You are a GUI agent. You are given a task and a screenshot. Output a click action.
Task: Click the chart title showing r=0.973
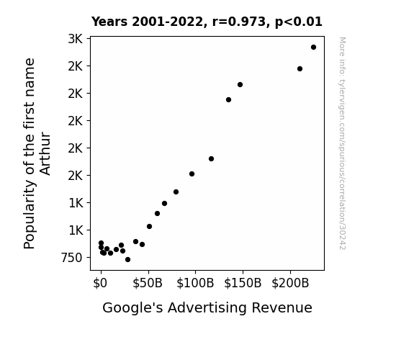point(207,22)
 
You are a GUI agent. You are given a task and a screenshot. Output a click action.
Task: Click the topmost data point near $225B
point(313,48)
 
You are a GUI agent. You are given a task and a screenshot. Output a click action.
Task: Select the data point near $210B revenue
point(300,69)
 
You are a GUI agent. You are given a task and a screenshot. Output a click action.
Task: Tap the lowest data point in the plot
point(127,260)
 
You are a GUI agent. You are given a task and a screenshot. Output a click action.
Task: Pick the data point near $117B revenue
point(211,158)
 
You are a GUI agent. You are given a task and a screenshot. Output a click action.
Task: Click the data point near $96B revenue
point(192,174)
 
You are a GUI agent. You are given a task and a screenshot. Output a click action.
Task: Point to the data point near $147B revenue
point(240,85)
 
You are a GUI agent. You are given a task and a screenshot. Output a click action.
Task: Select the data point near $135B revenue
point(229,100)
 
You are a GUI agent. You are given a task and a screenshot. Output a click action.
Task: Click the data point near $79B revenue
point(176,192)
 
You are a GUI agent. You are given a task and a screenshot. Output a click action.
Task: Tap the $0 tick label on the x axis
point(100,283)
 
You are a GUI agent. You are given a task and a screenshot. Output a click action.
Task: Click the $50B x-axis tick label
point(148,283)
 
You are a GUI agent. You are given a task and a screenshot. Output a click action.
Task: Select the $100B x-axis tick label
point(195,283)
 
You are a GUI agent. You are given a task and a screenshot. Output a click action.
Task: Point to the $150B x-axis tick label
point(243,283)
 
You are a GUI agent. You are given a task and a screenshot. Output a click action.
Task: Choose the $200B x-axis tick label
point(290,283)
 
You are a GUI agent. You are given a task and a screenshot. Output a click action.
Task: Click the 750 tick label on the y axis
point(71,258)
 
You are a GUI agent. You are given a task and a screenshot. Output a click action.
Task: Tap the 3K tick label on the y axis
point(76,39)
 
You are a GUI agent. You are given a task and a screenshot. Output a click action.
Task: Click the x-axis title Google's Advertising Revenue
point(207,307)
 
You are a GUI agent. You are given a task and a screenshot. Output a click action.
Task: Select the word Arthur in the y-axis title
point(45,153)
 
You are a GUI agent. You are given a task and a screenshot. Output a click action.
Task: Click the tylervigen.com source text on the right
point(342,143)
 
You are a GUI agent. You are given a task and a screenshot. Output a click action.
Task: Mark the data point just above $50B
point(149,226)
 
